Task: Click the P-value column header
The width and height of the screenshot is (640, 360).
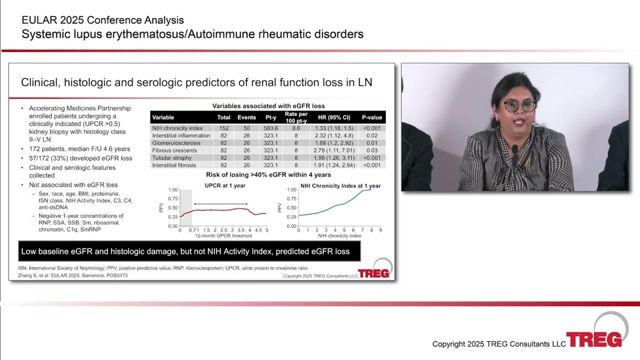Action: (x=372, y=118)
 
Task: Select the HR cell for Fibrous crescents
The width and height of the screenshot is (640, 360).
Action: (x=334, y=150)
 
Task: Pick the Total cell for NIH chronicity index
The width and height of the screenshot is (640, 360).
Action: (x=224, y=128)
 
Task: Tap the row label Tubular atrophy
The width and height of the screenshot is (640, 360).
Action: (x=172, y=158)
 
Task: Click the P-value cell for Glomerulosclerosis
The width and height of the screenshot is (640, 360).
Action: (x=372, y=143)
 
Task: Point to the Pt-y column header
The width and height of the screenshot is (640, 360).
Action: (x=270, y=118)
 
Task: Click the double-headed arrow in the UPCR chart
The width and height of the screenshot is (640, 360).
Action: (x=221, y=204)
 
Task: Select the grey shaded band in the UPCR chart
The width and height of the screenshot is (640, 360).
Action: (x=186, y=208)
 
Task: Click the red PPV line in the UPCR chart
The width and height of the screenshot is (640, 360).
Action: (x=223, y=211)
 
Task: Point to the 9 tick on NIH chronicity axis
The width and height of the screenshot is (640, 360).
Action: (x=380, y=230)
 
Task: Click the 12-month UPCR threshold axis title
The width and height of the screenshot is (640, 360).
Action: (x=224, y=236)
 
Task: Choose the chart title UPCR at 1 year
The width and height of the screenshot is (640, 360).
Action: (x=225, y=186)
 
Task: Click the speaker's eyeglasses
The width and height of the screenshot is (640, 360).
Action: (x=519, y=106)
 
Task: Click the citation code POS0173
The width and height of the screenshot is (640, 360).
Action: (x=117, y=276)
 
